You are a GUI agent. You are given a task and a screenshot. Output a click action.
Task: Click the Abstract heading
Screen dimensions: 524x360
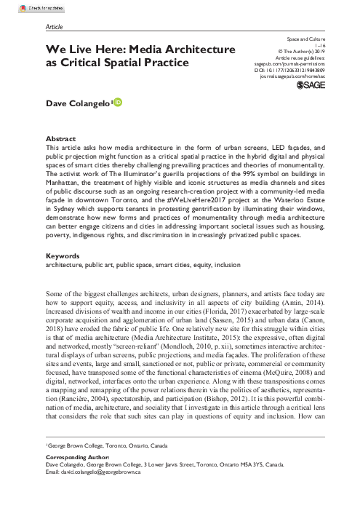pyautogui.click(x=60, y=137)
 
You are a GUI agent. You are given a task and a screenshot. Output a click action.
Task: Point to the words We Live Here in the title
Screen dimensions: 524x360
pyautogui.click(x=84, y=49)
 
